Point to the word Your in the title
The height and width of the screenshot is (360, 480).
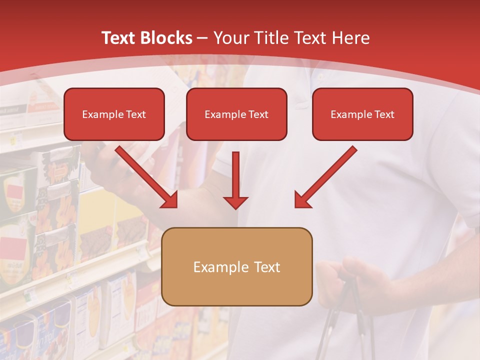click(230, 38)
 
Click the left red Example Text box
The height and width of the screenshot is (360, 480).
click(114, 114)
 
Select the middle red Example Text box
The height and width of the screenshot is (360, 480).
click(236, 114)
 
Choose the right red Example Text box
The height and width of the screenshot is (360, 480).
click(362, 114)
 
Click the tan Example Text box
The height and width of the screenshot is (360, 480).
click(236, 266)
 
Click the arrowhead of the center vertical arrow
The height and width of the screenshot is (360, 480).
click(235, 202)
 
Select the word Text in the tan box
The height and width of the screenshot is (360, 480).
click(267, 267)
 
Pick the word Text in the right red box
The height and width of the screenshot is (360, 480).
click(384, 114)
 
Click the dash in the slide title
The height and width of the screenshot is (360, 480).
click(203, 38)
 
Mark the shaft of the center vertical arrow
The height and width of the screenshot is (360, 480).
click(235, 172)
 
